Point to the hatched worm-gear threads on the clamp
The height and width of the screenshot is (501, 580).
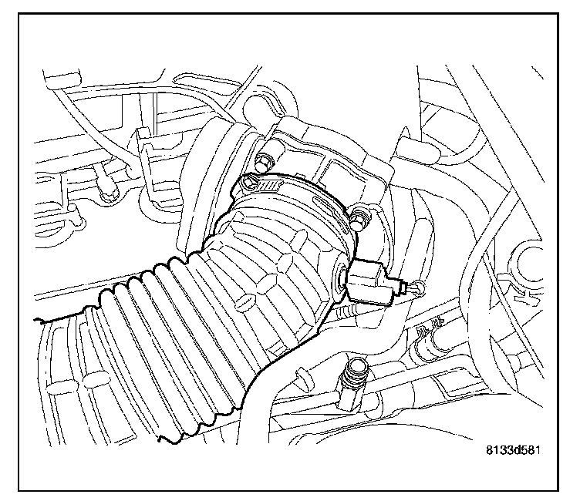(x=269, y=186)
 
